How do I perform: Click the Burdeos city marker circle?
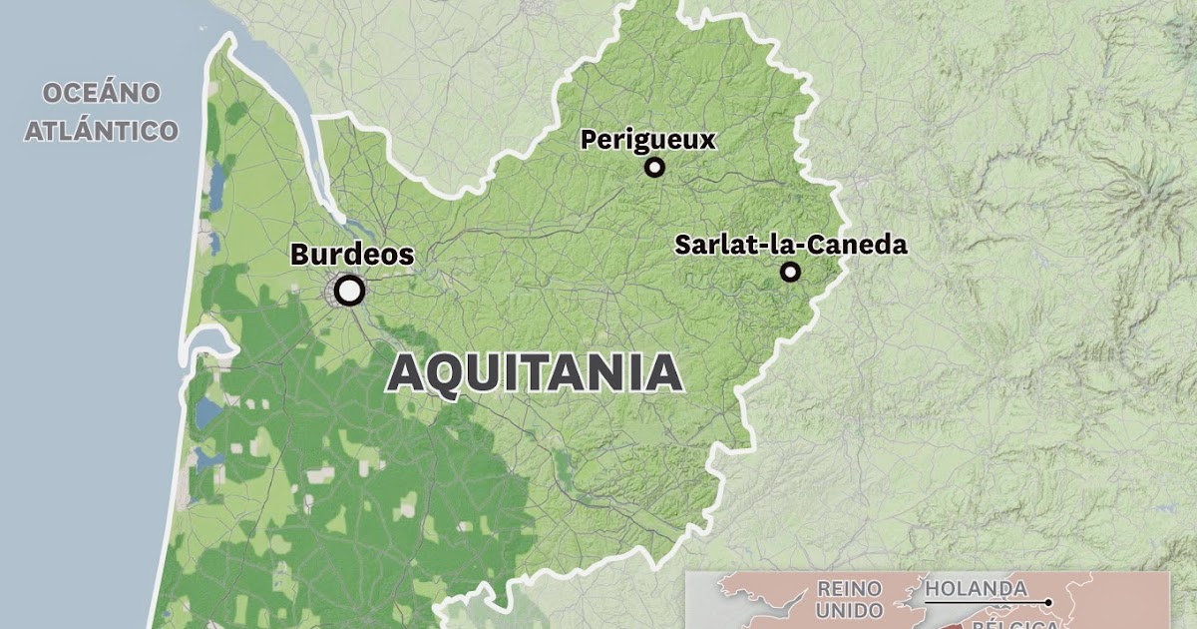point(349,291)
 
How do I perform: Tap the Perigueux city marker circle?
point(654,168)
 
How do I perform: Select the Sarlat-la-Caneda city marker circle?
point(790,272)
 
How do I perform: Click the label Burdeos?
point(351,255)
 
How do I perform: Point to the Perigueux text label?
point(648,140)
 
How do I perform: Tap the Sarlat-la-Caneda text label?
point(791,245)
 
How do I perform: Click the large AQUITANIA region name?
point(535,373)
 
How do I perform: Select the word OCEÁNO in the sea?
point(101,94)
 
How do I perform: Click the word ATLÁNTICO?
point(101,130)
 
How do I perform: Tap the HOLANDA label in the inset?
point(976,588)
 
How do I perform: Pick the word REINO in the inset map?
point(849,588)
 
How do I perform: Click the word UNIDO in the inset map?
point(849,610)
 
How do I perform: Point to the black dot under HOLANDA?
point(1049,602)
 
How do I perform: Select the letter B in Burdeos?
point(300,255)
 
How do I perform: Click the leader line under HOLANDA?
point(988,602)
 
